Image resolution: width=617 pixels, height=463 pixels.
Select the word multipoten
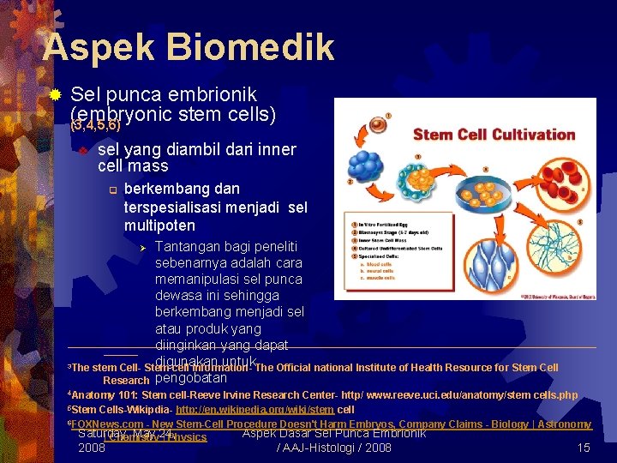pyautogui.click(x=159, y=225)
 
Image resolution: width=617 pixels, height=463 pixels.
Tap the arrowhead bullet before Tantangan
pyautogui.click(x=144, y=248)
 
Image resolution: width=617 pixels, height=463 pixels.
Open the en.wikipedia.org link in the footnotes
pyautogui.click(x=255, y=410)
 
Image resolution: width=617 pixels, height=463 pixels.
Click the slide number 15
pyautogui.click(x=584, y=448)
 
